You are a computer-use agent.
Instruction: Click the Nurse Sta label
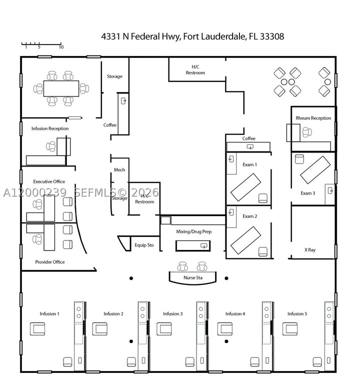(193, 277)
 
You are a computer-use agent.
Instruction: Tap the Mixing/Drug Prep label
(193, 231)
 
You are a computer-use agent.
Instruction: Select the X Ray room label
(310, 250)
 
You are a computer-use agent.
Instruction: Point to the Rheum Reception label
(313, 118)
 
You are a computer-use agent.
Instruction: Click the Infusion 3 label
(173, 313)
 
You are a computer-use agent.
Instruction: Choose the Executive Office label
(49, 181)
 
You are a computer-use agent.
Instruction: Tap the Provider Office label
(50, 262)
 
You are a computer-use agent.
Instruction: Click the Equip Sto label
(144, 245)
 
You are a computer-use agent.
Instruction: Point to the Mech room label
(119, 169)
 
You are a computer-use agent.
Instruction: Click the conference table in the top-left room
(61, 88)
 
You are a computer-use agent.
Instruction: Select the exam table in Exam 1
(245, 187)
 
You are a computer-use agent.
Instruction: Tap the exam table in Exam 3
(315, 169)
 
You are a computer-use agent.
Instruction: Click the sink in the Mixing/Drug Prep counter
(204, 245)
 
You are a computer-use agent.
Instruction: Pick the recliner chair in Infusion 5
(290, 328)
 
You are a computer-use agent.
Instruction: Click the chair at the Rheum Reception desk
(307, 132)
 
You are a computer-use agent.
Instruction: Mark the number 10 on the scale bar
(61, 47)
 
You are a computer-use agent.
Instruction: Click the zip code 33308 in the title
(272, 36)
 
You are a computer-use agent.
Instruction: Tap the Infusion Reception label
(50, 128)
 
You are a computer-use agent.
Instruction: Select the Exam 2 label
(250, 216)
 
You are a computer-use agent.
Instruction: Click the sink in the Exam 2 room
(231, 212)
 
